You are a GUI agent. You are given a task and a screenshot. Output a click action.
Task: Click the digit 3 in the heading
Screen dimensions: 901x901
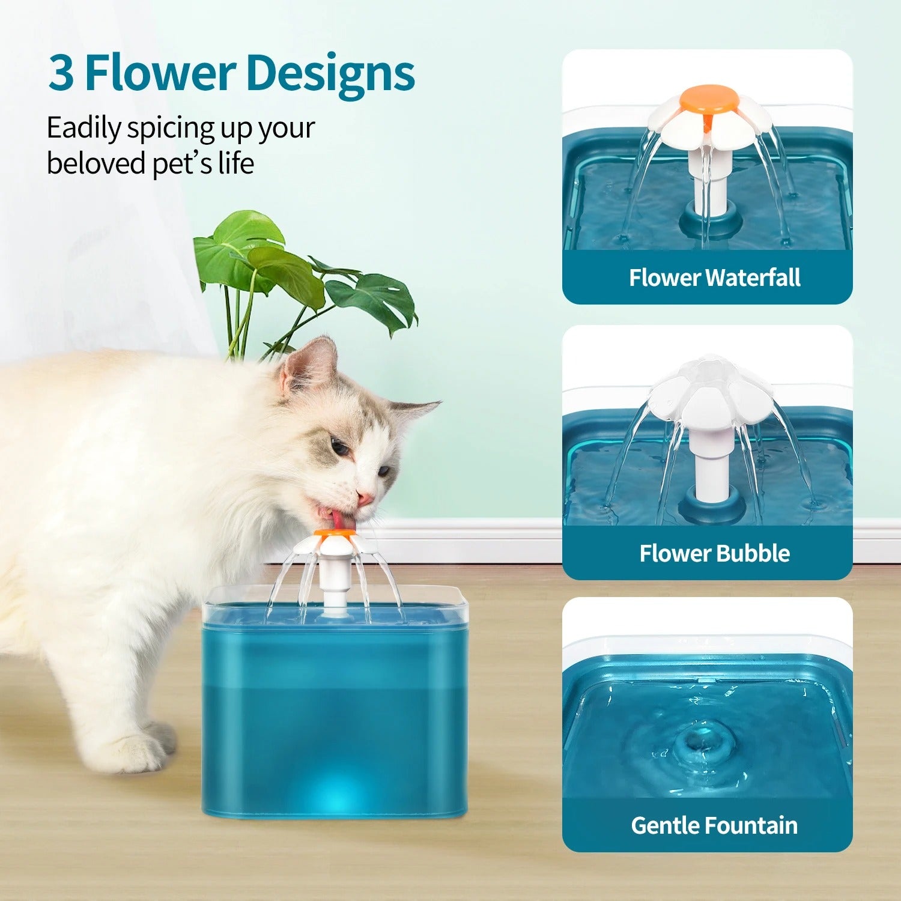coord(61,72)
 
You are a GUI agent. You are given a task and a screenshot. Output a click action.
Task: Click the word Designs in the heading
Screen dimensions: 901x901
coord(330,73)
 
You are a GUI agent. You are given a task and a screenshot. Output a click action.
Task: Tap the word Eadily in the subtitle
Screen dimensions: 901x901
coord(83,128)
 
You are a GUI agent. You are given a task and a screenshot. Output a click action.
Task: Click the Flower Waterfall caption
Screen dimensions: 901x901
coord(714,278)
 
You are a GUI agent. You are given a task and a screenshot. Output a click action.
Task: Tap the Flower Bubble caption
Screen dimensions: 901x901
coord(714,553)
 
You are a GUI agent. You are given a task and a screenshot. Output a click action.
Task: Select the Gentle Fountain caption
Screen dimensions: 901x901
coord(714,825)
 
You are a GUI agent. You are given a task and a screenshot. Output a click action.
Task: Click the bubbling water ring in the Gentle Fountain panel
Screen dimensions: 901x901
coord(697,745)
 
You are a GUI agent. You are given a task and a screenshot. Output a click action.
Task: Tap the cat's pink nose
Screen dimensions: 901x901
coord(364,498)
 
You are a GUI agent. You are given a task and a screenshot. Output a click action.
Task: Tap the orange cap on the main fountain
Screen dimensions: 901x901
coord(333,533)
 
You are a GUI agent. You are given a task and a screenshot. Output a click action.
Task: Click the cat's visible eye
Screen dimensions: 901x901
coord(339,447)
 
